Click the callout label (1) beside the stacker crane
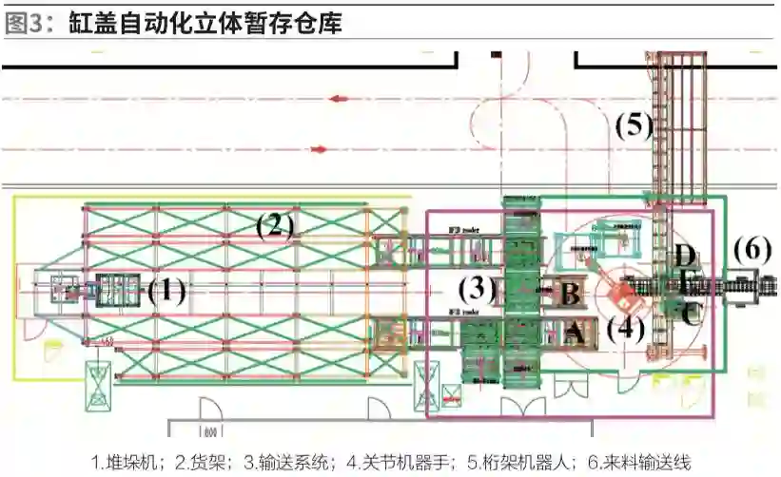pos(166,290)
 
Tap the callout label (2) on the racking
pos(274,225)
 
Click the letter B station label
pos(569,294)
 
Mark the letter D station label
pos(685,255)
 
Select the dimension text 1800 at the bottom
pos(210,431)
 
